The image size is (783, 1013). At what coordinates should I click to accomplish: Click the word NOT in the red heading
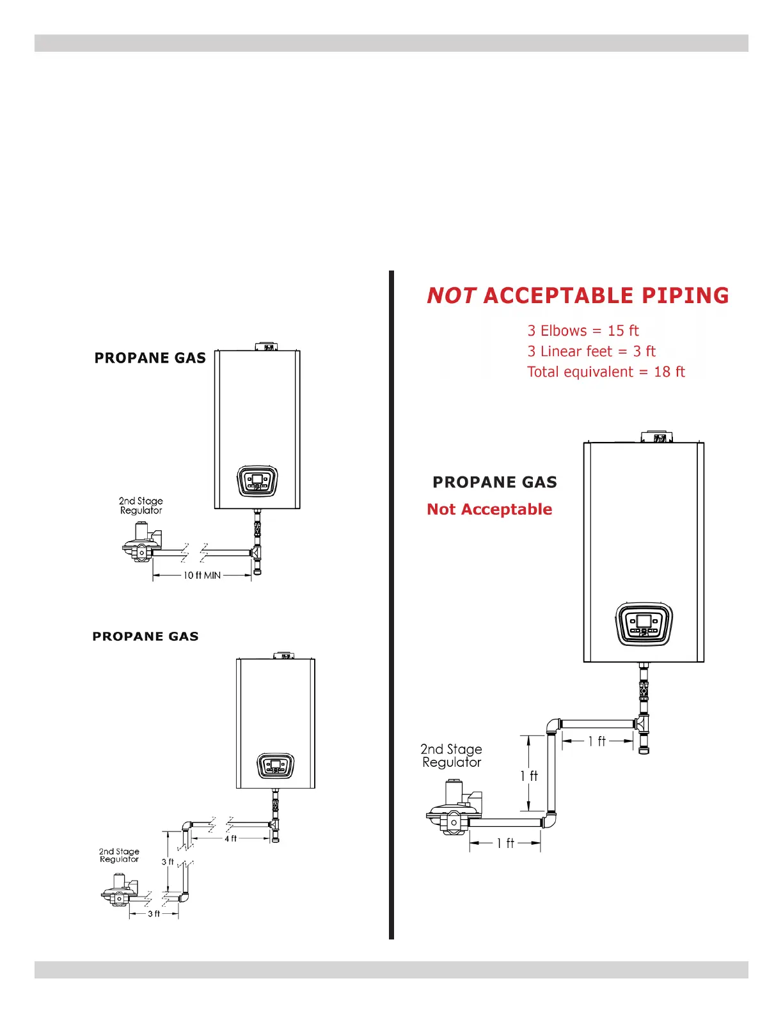coord(451,295)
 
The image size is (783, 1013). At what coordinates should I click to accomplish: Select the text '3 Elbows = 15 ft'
coord(583,331)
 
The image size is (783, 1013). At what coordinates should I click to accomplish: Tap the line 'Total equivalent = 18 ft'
coord(606,372)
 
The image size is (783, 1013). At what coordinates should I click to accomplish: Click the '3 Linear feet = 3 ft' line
coord(591,351)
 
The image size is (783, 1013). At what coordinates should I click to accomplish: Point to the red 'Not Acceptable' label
coord(489,509)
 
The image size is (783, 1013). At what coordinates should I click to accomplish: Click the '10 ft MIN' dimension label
coord(202,576)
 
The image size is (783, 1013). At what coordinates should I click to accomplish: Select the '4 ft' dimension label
coord(230,838)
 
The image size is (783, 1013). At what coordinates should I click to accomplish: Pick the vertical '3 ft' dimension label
coord(168,862)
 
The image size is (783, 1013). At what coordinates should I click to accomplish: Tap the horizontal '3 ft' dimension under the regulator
coord(154,914)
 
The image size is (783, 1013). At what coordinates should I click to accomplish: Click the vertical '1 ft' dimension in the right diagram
coord(529,776)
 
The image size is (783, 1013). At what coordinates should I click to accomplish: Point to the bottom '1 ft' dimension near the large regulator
coord(505,844)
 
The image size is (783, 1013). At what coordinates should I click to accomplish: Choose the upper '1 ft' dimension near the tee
coord(597,741)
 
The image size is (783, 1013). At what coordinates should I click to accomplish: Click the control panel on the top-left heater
coord(257,481)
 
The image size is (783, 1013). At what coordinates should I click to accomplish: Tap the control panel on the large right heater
coord(644,624)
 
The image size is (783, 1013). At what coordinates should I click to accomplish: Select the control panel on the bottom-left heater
coord(276,766)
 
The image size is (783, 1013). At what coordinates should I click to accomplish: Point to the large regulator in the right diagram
coord(453,809)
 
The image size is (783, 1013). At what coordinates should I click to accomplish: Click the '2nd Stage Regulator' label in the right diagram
coord(452,756)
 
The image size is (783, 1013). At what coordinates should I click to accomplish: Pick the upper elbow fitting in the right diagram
coord(553,726)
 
